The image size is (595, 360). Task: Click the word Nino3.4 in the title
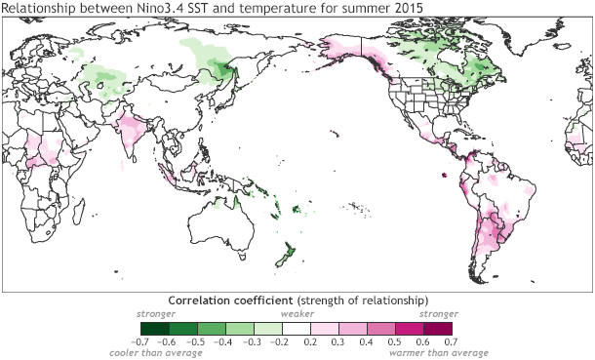[138, 10]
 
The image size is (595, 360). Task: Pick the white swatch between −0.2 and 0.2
[297, 328]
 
